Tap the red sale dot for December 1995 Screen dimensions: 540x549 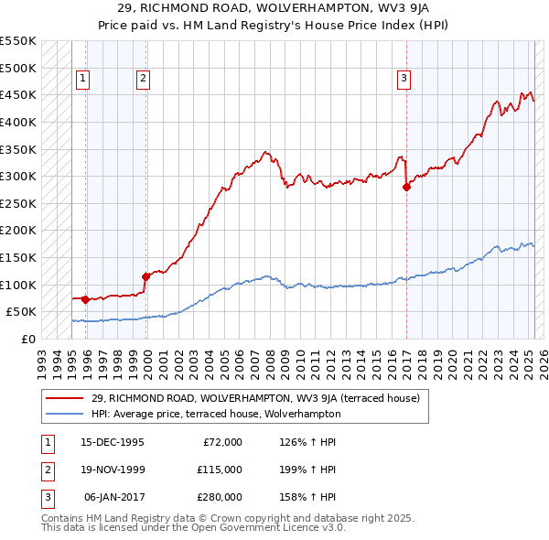(85, 299)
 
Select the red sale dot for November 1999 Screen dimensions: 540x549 (145, 275)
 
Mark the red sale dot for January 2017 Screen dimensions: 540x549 (406, 187)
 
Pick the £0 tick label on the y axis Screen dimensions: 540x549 (27, 339)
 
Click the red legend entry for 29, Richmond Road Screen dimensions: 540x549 (255, 398)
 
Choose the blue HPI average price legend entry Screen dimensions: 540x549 (216, 414)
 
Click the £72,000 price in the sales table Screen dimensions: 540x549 (222, 442)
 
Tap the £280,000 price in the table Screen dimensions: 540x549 (220, 497)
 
